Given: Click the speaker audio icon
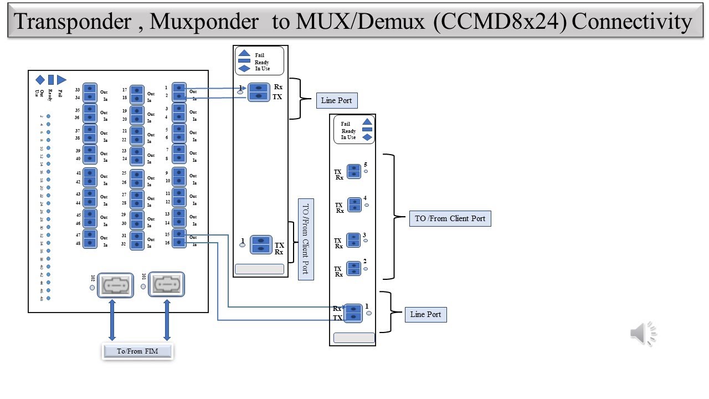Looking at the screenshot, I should click(x=643, y=334).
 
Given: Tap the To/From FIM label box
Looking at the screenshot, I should click(x=137, y=351).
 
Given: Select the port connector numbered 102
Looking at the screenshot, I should click(x=115, y=285).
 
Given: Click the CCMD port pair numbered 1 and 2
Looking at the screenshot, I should click(x=179, y=91).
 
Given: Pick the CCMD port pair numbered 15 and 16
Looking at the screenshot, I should click(x=179, y=238).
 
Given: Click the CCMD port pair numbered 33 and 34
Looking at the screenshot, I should click(x=90, y=93).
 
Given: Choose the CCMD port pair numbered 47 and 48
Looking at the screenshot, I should click(x=90, y=239).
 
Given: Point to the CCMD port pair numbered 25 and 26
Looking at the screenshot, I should click(x=137, y=177).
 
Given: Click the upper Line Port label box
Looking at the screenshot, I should click(x=336, y=100).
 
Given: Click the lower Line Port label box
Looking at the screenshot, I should click(x=425, y=314).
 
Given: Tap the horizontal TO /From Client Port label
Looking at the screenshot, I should click(x=450, y=218).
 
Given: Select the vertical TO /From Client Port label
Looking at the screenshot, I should click(x=305, y=239).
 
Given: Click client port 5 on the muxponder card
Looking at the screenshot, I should click(x=353, y=171).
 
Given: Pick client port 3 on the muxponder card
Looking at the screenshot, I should click(x=353, y=240).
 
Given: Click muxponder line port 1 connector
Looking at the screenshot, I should click(x=353, y=313).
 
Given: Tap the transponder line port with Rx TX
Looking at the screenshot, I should click(x=259, y=92).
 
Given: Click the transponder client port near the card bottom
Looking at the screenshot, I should click(x=261, y=244).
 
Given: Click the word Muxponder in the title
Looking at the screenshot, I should click(x=204, y=21).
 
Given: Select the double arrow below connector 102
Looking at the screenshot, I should click(x=112, y=320).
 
